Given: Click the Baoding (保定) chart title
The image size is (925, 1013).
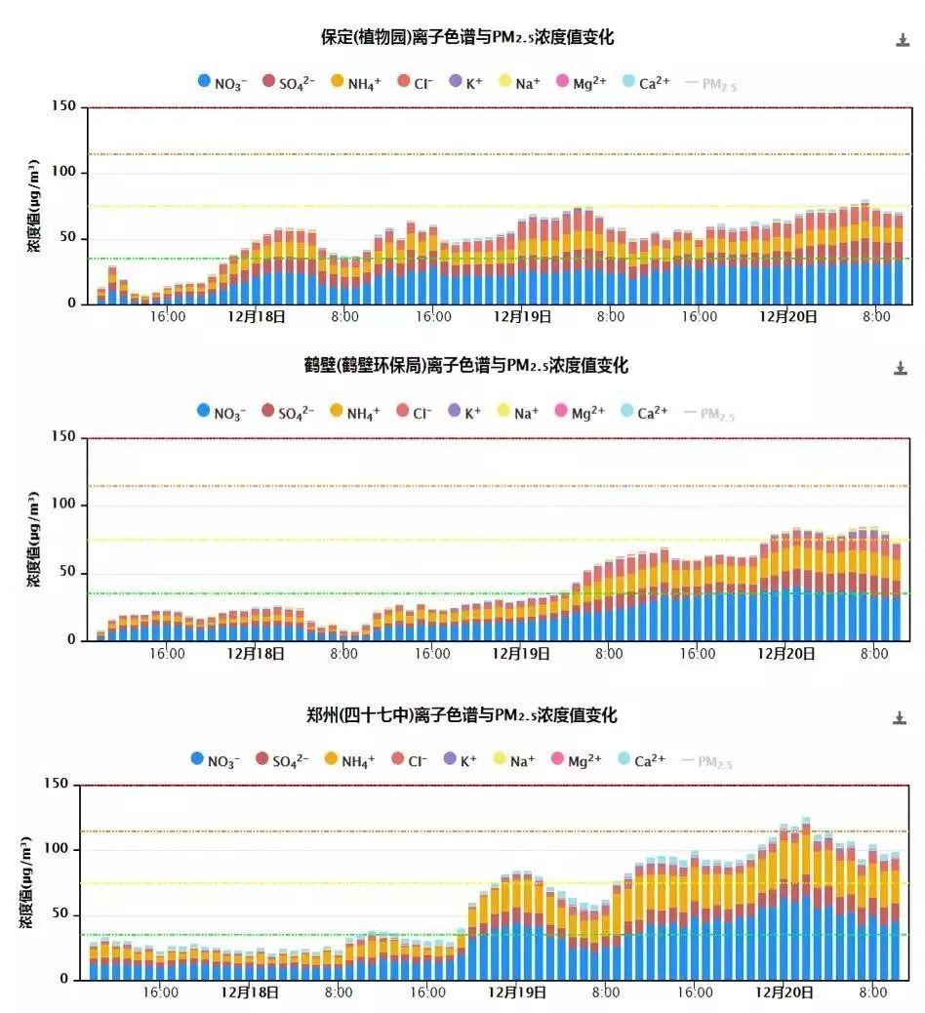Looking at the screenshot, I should point(467,38).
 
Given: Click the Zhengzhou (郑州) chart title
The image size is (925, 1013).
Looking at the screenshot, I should point(462,715).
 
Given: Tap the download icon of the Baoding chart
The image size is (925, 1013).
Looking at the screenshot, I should point(902,40).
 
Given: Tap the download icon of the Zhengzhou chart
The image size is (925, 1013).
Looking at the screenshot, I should point(900,718).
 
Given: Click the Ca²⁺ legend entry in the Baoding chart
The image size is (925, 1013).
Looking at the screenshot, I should point(645,83).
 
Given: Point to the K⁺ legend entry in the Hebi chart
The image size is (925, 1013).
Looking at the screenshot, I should point(464,413).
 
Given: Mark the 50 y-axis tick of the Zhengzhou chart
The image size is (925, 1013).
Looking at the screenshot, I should point(62,915).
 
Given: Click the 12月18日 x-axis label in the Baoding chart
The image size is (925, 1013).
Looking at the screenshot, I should point(257,317).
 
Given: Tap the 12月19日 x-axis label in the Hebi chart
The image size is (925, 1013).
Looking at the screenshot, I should point(522,654).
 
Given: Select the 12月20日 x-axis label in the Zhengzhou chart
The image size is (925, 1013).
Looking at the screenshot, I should point(787,993).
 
